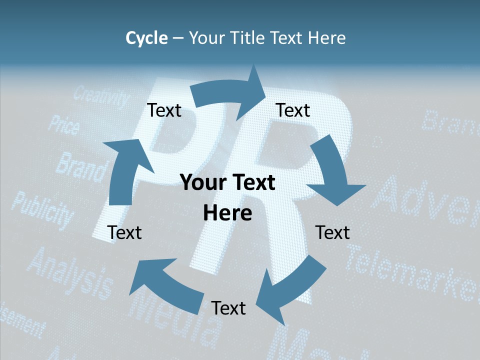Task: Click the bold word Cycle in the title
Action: click(x=146, y=38)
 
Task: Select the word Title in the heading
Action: click(x=247, y=38)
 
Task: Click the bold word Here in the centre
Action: click(x=227, y=213)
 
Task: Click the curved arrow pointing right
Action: click(x=230, y=92)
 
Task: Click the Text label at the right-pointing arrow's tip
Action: click(x=293, y=110)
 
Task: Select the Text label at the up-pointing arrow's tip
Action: click(x=164, y=110)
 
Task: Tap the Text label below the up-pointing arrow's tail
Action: click(x=124, y=232)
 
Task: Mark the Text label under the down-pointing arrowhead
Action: click(x=332, y=232)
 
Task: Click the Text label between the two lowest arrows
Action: click(x=228, y=308)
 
